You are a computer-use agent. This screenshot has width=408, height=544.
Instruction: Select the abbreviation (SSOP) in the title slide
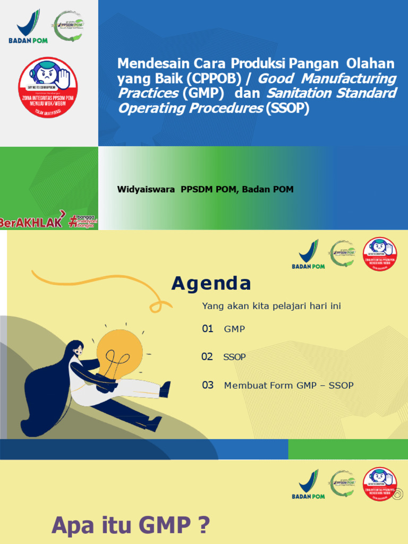(x=287, y=108)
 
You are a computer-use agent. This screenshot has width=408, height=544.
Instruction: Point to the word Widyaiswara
(x=146, y=189)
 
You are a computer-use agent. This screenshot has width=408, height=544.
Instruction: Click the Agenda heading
(x=211, y=284)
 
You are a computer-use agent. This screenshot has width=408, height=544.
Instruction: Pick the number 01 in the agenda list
(x=208, y=329)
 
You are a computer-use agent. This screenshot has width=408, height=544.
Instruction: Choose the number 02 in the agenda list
(x=207, y=356)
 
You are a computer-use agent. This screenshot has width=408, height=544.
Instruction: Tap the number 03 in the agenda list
(x=208, y=385)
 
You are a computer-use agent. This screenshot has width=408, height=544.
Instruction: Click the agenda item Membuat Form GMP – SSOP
(x=288, y=386)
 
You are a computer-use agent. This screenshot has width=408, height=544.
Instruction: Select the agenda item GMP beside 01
(x=234, y=329)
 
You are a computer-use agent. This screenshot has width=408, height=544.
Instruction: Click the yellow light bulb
(x=120, y=353)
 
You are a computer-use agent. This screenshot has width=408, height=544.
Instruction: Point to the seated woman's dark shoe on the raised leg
(x=165, y=389)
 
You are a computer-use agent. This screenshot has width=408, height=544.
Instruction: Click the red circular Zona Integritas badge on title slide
(x=48, y=87)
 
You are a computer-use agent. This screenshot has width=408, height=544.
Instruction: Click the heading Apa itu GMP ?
(x=131, y=526)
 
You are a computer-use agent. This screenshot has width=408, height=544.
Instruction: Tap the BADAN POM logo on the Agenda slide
(x=308, y=254)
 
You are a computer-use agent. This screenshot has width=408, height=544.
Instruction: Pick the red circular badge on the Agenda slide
(x=379, y=253)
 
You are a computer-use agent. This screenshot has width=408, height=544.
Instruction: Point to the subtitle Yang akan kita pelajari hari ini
(x=271, y=306)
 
